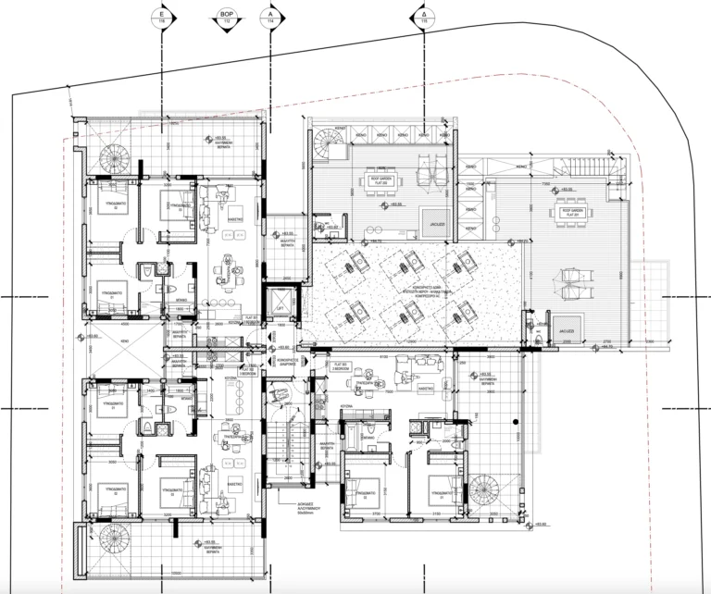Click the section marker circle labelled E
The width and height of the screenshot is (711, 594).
162,16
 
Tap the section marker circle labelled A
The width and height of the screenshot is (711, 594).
270,16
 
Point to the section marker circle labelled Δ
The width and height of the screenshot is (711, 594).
424,16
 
